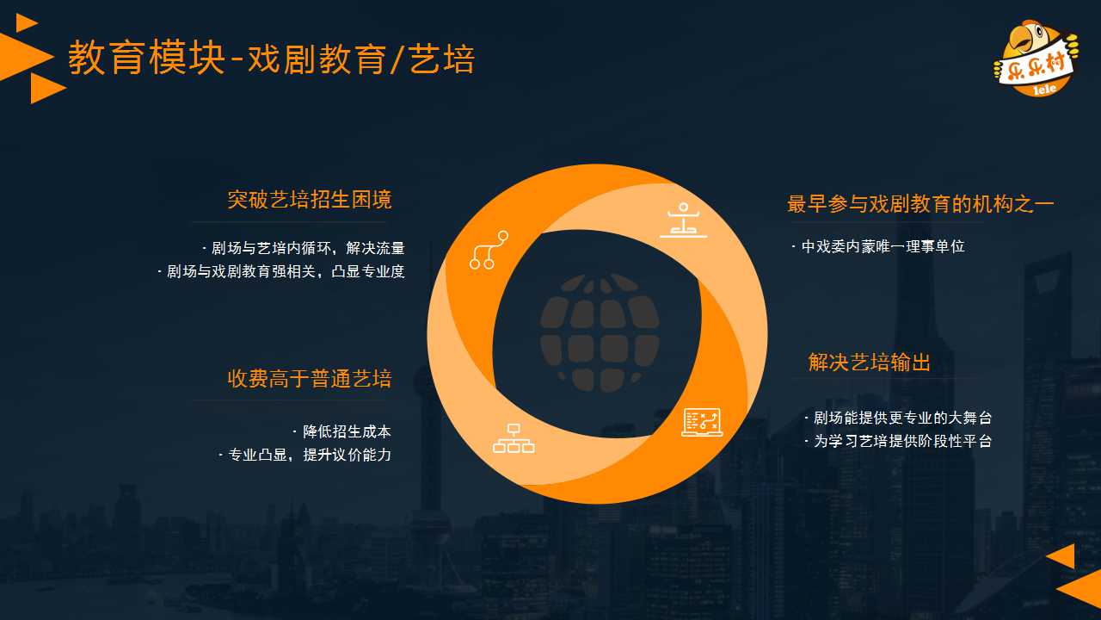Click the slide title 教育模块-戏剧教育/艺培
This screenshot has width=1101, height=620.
[x=271, y=58]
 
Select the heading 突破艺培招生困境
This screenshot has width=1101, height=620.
[x=309, y=199]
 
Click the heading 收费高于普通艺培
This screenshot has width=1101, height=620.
[x=309, y=378]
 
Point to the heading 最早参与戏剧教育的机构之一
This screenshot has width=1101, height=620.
[x=920, y=204]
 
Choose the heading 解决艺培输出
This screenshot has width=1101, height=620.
[x=869, y=363]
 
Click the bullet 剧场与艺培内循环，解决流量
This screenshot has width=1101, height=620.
[x=304, y=248]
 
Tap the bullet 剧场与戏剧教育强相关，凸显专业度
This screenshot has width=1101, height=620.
[x=281, y=271]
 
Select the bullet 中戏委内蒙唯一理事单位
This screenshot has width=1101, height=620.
[x=878, y=246]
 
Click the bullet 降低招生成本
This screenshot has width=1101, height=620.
[x=342, y=431]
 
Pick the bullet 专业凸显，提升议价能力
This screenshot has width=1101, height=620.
[x=304, y=455]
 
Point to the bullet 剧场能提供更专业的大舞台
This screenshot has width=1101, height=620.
[x=898, y=418]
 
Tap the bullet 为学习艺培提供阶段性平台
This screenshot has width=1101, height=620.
[x=898, y=441]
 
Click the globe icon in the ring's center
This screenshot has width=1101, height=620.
[x=600, y=333]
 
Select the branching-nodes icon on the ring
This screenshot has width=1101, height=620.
[x=489, y=250]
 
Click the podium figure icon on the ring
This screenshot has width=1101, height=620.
[x=683, y=220]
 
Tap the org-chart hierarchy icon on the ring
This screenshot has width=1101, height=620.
[x=514, y=438]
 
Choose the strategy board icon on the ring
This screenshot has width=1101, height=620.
[x=702, y=422]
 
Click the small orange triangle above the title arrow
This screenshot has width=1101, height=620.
[x=26, y=22]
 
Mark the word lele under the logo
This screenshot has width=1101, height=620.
[x=1044, y=89]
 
